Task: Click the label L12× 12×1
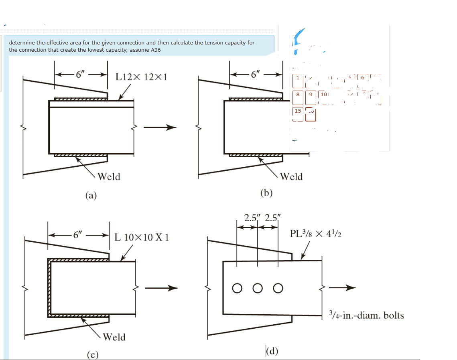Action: pyautogui.click(x=141, y=77)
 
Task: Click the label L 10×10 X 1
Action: pyautogui.click(x=142, y=237)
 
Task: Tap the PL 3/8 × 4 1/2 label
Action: pyautogui.click(x=315, y=233)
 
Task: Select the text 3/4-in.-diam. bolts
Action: pyautogui.click(x=366, y=315)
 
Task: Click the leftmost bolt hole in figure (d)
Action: pyautogui.click(x=237, y=288)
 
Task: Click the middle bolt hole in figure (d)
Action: pyautogui.click(x=258, y=288)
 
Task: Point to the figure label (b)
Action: pyautogui.click(x=266, y=193)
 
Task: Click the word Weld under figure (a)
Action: pyautogui.click(x=109, y=176)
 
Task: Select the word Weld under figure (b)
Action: pyautogui.click(x=291, y=176)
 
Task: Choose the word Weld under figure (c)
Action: pyautogui.click(x=114, y=337)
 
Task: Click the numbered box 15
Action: pyautogui.click(x=298, y=111)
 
